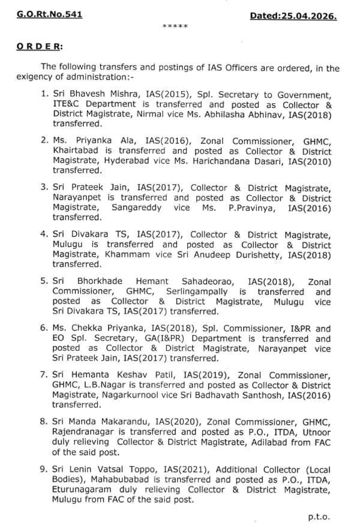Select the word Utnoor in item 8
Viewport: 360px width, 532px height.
(314, 432)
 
